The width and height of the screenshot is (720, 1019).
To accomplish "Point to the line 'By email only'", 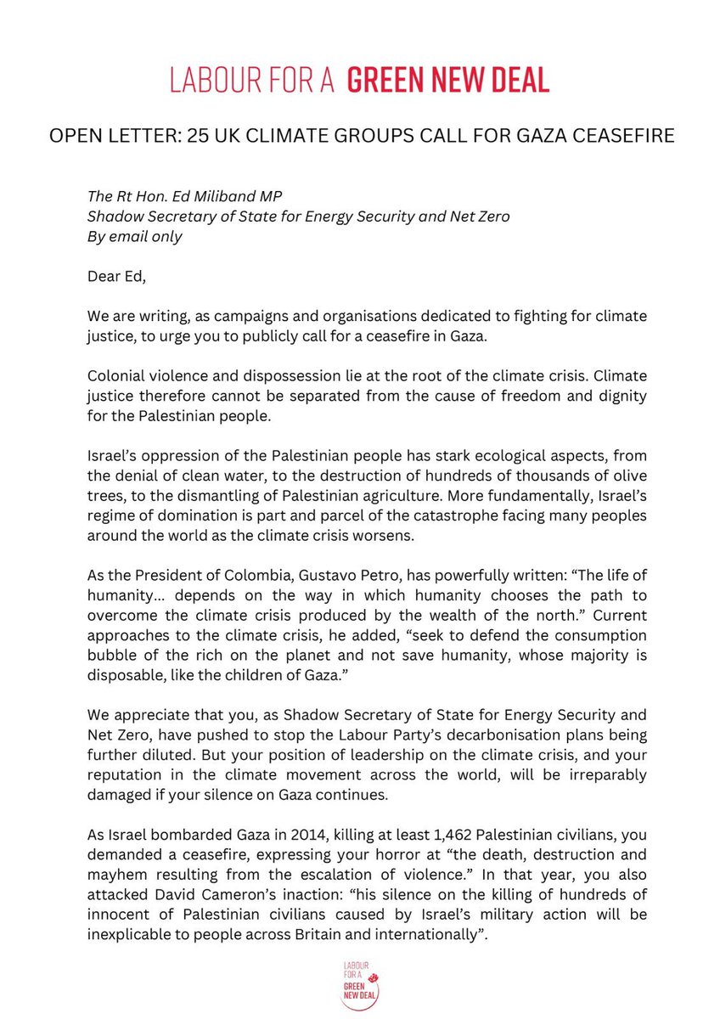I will click(135, 237).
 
